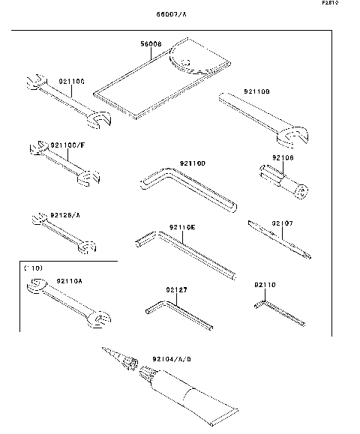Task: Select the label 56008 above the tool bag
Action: click(x=152, y=44)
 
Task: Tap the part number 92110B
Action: click(x=256, y=91)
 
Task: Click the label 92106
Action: click(x=283, y=158)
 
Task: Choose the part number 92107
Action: click(x=282, y=223)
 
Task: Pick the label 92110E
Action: click(x=181, y=226)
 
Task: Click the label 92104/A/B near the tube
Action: click(x=172, y=359)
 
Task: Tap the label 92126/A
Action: click(x=64, y=215)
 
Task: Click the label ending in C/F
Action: click(x=68, y=143)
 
